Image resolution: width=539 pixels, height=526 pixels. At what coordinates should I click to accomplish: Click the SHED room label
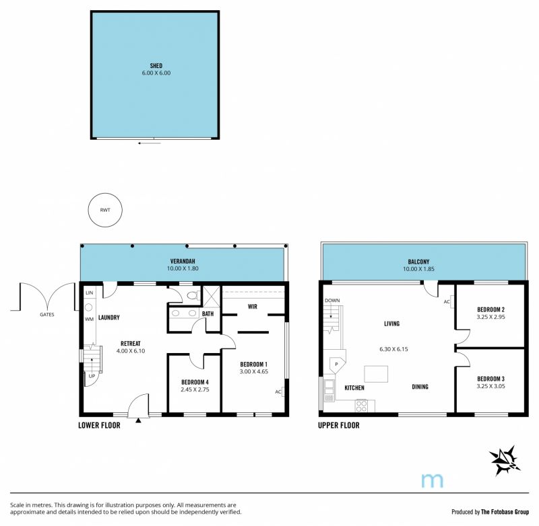click(x=156, y=65)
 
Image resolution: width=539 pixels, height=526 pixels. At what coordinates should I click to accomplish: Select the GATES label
click(x=46, y=314)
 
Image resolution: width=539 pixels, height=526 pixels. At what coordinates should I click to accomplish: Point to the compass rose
click(x=504, y=461)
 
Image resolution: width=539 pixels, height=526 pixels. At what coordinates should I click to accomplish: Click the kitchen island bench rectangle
click(x=376, y=374)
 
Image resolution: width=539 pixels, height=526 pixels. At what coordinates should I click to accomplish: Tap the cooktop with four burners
click(x=361, y=406)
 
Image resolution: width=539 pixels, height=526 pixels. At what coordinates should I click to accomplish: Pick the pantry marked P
click(x=336, y=364)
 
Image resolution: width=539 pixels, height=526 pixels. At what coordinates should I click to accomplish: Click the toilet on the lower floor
click(x=193, y=295)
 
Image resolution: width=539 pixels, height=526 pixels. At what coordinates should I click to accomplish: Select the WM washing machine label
click(x=89, y=319)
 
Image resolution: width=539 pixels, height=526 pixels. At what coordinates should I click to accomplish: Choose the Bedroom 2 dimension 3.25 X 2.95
click(x=490, y=317)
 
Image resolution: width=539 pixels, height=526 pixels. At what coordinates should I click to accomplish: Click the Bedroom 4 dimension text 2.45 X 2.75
click(x=195, y=389)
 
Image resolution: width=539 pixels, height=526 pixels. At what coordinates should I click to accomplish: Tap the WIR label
click(x=252, y=307)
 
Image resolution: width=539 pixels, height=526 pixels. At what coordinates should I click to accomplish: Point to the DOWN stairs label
click(x=332, y=301)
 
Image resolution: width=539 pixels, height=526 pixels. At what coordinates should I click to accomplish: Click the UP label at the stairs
click(x=92, y=376)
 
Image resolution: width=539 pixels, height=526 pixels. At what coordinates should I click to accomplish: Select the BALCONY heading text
click(x=418, y=262)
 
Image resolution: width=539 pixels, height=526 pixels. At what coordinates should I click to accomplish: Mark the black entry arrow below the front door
click(x=138, y=420)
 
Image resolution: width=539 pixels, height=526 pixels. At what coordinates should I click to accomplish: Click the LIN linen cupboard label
click(x=90, y=293)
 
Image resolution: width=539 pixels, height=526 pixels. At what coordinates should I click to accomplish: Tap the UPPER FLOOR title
click(x=339, y=426)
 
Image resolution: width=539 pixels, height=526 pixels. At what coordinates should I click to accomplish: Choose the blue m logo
click(x=432, y=480)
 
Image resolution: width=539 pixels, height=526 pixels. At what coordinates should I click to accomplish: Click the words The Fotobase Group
click(x=505, y=512)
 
